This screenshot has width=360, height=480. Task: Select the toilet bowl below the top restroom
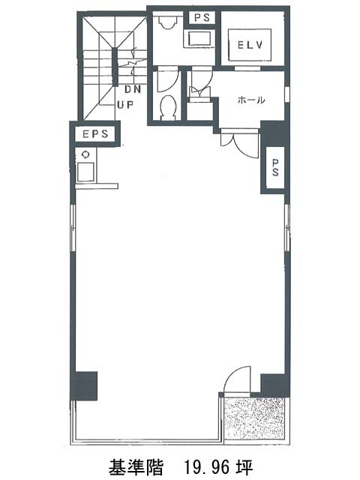(169, 106)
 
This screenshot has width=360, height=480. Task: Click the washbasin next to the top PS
(199, 39)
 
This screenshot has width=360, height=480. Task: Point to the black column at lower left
(84, 385)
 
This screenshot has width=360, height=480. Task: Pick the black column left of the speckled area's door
(274, 383)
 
